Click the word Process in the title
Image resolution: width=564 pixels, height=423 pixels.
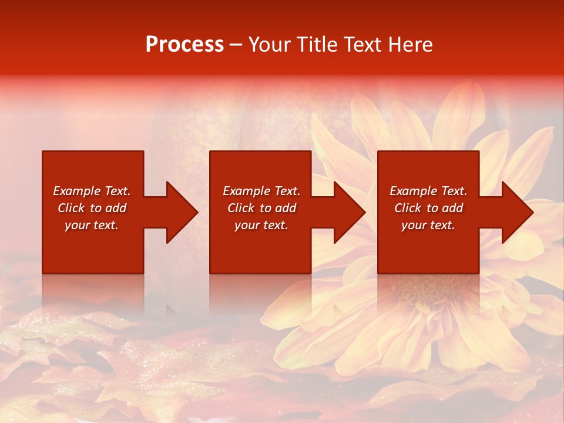click(184, 45)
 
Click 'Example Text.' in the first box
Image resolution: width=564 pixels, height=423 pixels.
click(92, 191)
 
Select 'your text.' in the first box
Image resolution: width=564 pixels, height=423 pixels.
click(92, 225)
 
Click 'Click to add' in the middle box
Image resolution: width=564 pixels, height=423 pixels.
click(261, 208)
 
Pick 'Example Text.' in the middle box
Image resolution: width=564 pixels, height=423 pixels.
click(261, 191)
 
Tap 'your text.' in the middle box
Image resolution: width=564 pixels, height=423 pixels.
click(261, 225)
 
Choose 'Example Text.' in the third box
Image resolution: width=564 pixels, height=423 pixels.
click(428, 191)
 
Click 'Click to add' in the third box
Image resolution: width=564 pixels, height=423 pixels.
click(428, 208)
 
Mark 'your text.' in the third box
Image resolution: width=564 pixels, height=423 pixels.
click(428, 225)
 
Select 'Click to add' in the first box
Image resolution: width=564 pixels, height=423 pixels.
click(92, 208)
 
